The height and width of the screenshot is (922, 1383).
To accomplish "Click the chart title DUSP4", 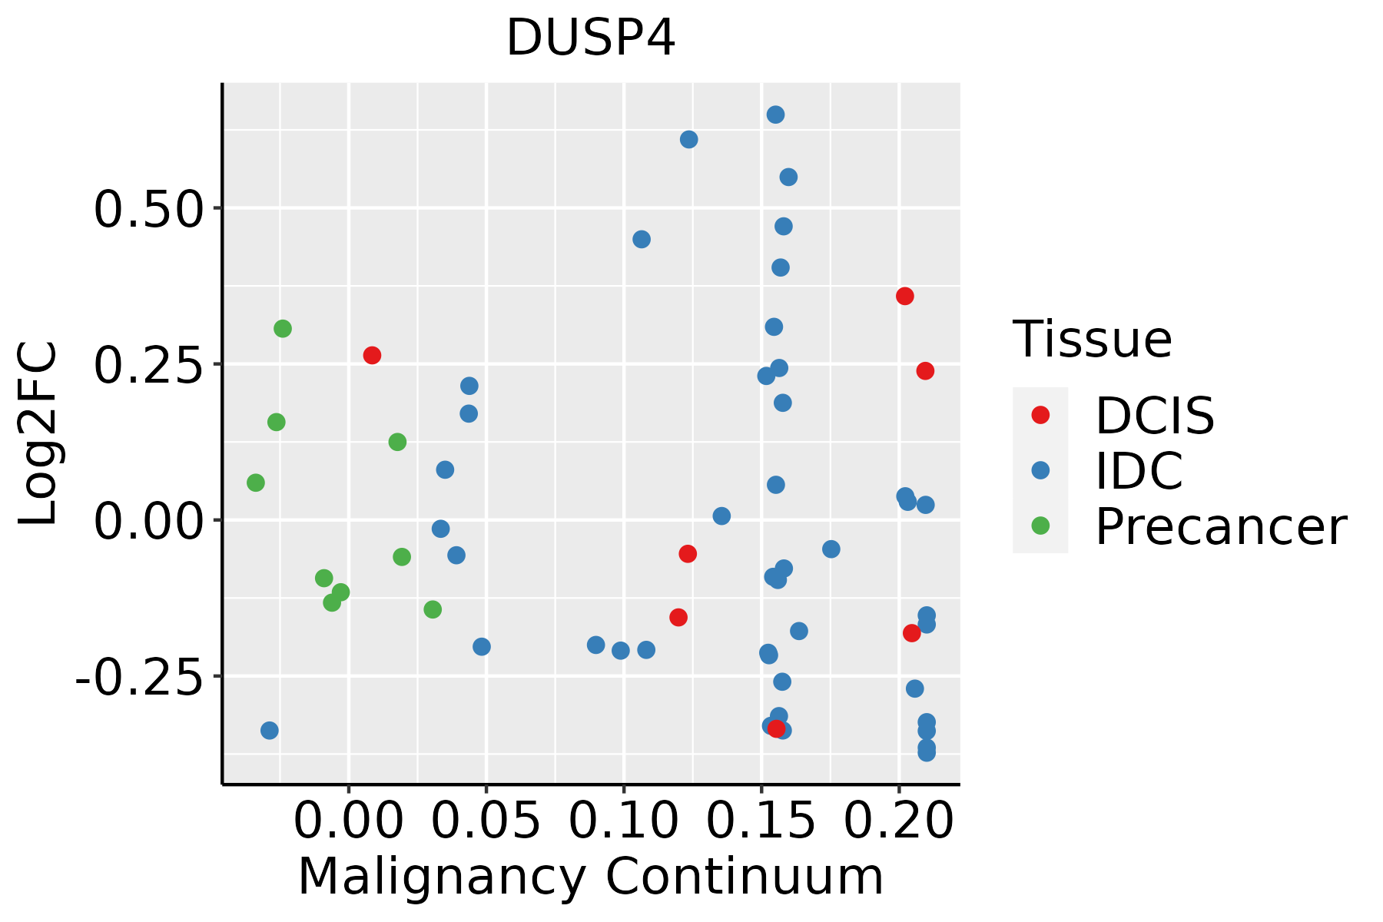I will (x=590, y=38).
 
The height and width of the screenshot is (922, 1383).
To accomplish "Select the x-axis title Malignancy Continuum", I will (x=590, y=877).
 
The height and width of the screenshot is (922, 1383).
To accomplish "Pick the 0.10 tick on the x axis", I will (x=624, y=821).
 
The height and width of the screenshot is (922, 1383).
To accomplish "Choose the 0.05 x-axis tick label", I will (x=486, y=821).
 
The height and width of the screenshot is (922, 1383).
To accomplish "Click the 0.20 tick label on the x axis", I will (x=899, y=821).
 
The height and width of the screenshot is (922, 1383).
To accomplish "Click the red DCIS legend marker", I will (x=1040, y=415).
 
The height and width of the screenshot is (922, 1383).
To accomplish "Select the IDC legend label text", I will (x=1139, y=470).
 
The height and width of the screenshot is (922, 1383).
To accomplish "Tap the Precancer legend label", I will (x=1220, y=526).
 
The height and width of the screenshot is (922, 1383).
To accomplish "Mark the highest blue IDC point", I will (x=775, y=114).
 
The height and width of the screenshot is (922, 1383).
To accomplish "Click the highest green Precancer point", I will (x=283, y=329).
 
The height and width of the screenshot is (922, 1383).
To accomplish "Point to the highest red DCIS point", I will (x=905, y=296).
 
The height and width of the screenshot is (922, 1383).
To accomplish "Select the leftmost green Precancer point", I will (x=256, y=483).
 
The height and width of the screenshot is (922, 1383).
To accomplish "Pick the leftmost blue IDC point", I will (x=269, y=730).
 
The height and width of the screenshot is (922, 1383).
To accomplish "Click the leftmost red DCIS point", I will (x=372, y=355).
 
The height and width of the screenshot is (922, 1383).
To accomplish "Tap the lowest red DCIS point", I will (x=776, y=728).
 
